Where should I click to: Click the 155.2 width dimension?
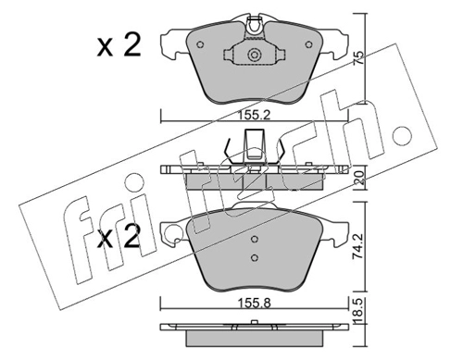click(254, 116)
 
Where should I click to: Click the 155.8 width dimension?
click(254, 304)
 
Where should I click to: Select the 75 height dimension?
click(359, 58)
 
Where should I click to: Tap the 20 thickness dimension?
click(359, 178)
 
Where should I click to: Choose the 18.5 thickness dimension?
click(359, 310)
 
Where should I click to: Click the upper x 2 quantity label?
click(119, 45)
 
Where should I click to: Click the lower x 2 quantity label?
click(119, 236)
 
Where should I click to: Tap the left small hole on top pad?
click(200, 44)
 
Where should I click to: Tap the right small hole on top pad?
click(308, 44)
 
